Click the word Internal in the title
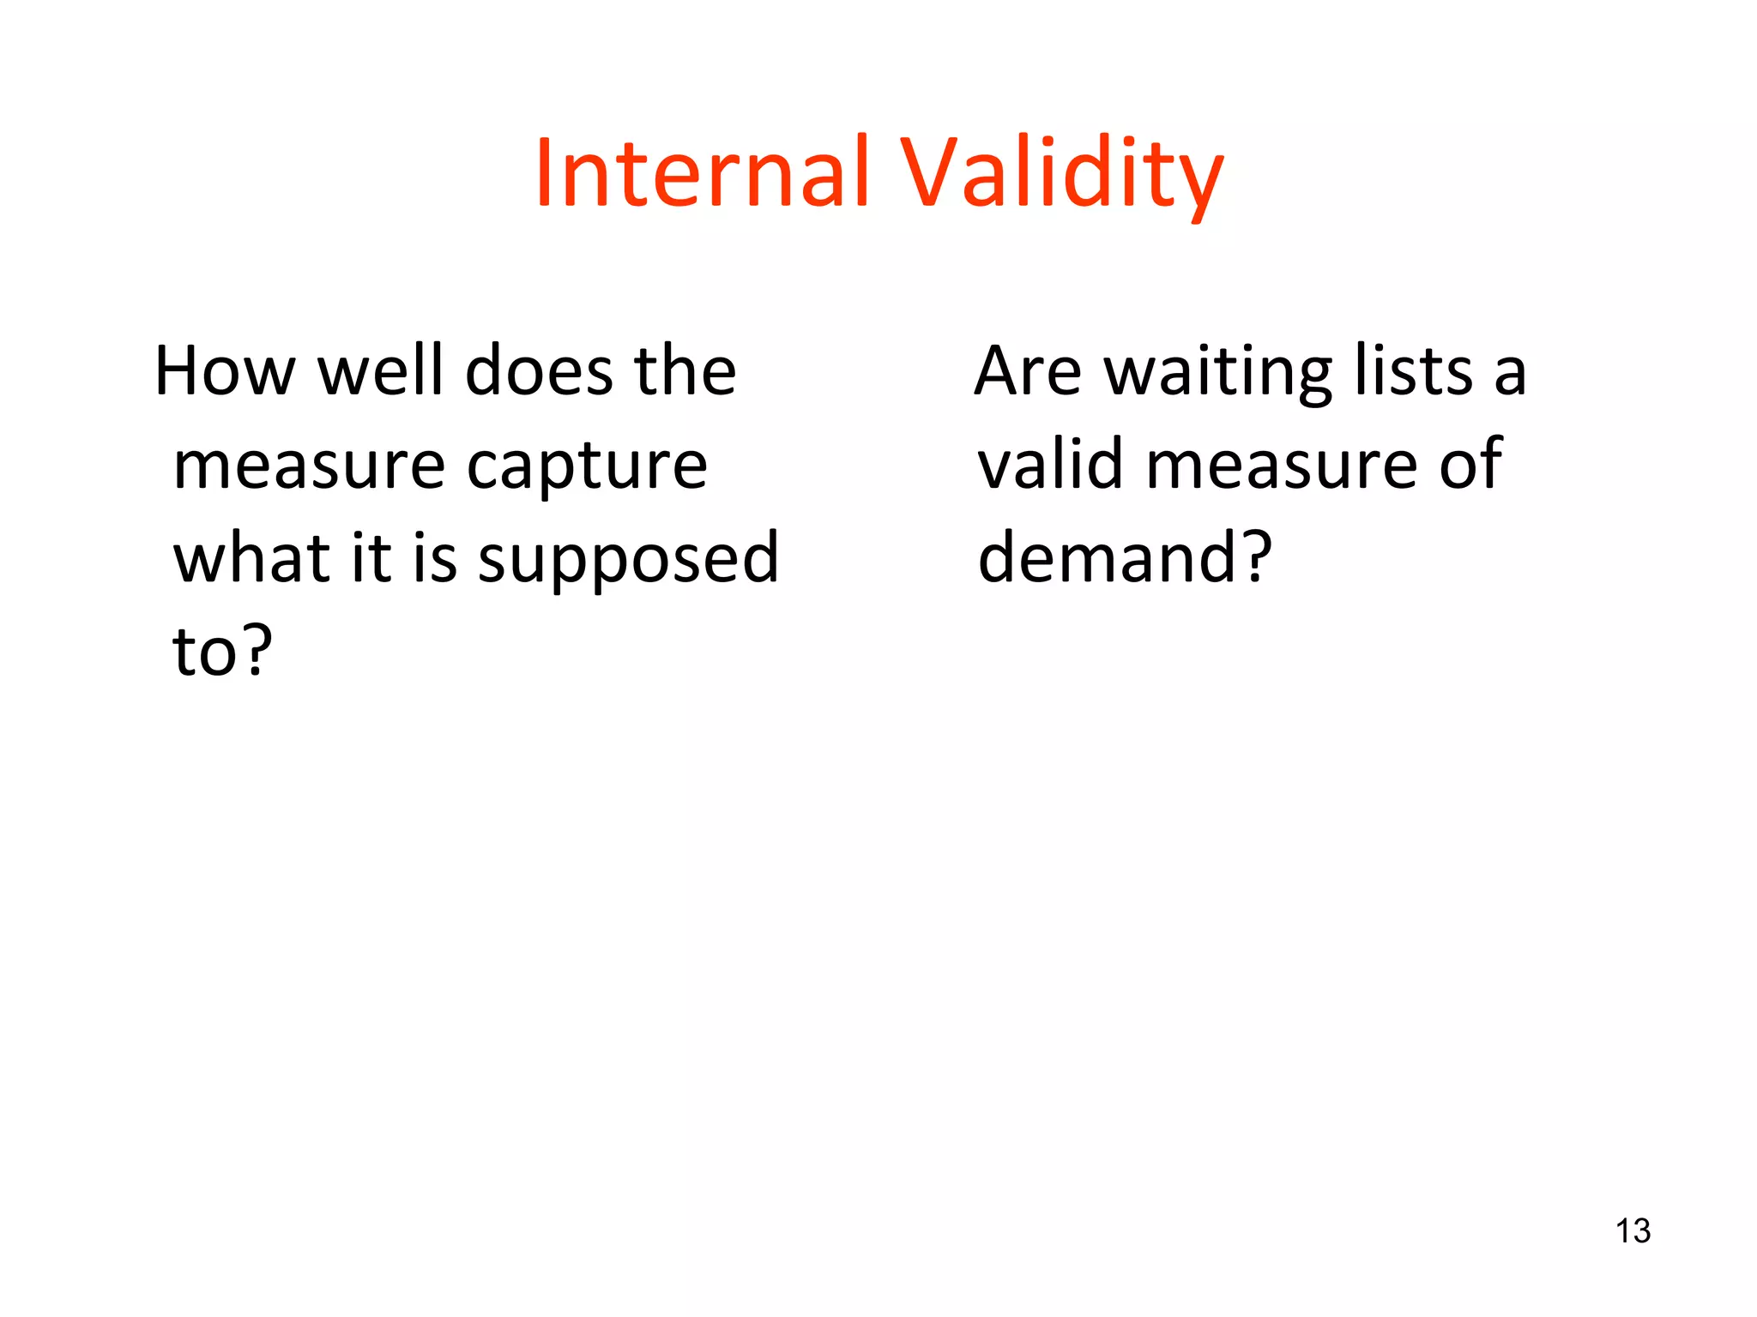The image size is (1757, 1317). [x=702, y=173]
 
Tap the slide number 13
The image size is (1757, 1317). [x=1633, y=1231]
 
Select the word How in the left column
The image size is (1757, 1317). [x=225, y=371]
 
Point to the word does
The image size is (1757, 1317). [x=540, y=371]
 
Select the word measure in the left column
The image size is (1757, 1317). [x=309, y=466]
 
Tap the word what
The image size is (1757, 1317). [x=251, y=558]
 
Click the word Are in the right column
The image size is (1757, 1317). [x=1027, y=371]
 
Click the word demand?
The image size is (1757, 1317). [x=1124, y=557]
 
